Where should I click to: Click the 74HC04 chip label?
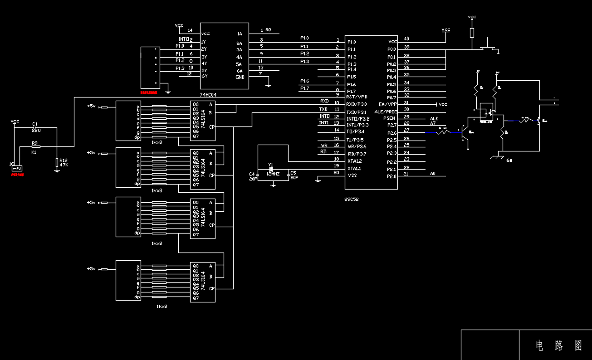click(208, 95)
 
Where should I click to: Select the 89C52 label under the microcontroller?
click(352, 199)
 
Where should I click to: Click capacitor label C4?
click(252, 174)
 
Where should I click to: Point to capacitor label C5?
click(293, 173)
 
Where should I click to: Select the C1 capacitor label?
click(35, 124)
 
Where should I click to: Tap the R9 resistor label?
click(34, 143)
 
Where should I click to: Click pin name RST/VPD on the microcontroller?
click(357, 97)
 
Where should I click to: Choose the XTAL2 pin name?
click(354, 161)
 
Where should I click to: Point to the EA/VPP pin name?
click(388, 104)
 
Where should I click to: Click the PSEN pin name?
click(389, 118)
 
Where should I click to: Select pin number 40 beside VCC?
click(406, 39)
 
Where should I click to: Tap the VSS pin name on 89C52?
click(352, 175)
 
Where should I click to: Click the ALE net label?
click(434, 119)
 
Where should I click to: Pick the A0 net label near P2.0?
click(433, 174)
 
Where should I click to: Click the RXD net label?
click(324, 101)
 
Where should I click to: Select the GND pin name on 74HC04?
click(240, 77)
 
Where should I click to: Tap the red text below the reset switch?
click(18, 174)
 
